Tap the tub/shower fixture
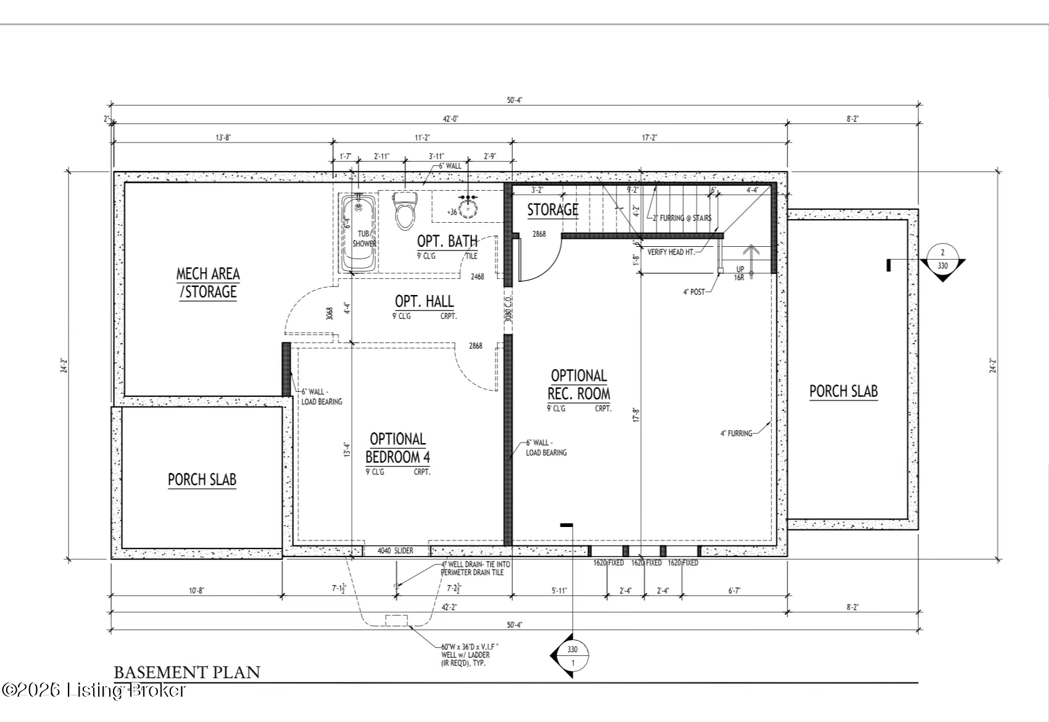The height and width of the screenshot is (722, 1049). [359, 234]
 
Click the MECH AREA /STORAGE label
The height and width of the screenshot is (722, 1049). [208, 283]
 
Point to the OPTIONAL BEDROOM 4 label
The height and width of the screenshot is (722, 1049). [397, 448]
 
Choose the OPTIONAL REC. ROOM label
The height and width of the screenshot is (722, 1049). [579, 384]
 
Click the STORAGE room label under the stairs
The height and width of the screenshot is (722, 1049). [552, 210]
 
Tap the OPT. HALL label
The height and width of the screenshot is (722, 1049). [424, 301]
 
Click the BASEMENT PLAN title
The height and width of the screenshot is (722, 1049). [187, 672]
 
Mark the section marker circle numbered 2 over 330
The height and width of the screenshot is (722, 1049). [942, 259]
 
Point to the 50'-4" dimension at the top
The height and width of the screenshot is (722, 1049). [515, 100]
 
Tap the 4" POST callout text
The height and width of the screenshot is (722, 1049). [694, 292]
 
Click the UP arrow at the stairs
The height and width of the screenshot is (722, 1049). [750, 253]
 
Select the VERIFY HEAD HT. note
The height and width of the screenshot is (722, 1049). [671, 252]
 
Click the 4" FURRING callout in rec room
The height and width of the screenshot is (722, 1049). [736, 433]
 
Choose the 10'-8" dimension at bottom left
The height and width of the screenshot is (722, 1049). [196, 591]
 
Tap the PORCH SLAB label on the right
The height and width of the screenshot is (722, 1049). [843, 391]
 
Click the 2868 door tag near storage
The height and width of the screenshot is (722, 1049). [539, 234]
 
